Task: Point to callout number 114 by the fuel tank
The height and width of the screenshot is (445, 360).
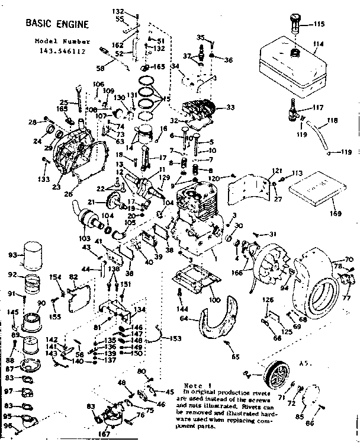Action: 319,44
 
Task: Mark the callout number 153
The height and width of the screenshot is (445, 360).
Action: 175,338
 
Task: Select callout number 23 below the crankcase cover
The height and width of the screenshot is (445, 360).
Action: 57,187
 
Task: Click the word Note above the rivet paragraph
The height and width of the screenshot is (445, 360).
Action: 196,385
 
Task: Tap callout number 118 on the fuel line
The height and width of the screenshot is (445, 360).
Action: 332,120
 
